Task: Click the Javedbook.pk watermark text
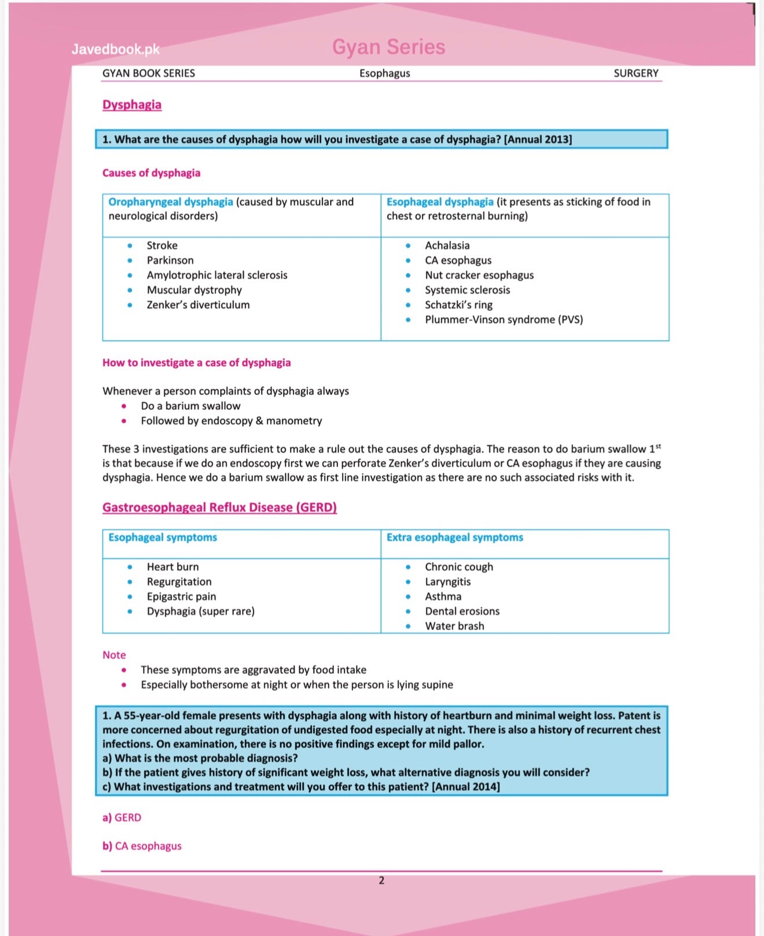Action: click(115, 49)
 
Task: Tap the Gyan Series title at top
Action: click(388, 47)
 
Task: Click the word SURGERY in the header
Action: click(636, 74)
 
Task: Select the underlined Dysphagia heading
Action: click(132, 105)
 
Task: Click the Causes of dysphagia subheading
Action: click(151, 173)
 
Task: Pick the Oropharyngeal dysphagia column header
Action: click(171, 202)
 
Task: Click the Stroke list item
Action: click(162, 246)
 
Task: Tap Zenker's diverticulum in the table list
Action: click(198, 305)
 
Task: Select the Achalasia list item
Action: click(447, 246)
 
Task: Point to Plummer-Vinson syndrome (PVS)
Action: click(504, 320)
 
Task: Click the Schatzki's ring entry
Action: click(458, 305)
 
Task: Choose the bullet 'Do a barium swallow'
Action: click(190, 406)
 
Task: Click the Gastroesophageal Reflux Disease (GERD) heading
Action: click(219, 507)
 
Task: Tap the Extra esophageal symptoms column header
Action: click(454, 538)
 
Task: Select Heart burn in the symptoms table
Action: click(172, 567)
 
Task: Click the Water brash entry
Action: click(454, 626)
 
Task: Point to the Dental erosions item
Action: click(462, 611)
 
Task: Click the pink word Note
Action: click(114, 655)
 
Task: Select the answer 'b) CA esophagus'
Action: click(142, 846)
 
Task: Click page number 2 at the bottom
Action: click(381, 880)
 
